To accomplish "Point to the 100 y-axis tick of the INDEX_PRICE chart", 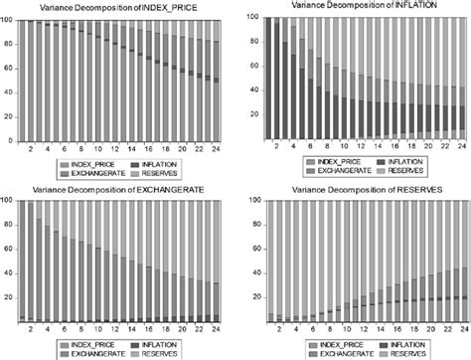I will pos(8,19).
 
